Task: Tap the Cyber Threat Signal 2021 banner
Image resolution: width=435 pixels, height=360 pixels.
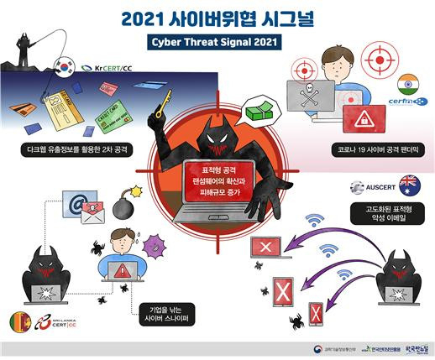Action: click(x=217, y=40)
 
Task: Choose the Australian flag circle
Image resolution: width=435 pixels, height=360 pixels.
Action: click(x=409, y=183)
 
